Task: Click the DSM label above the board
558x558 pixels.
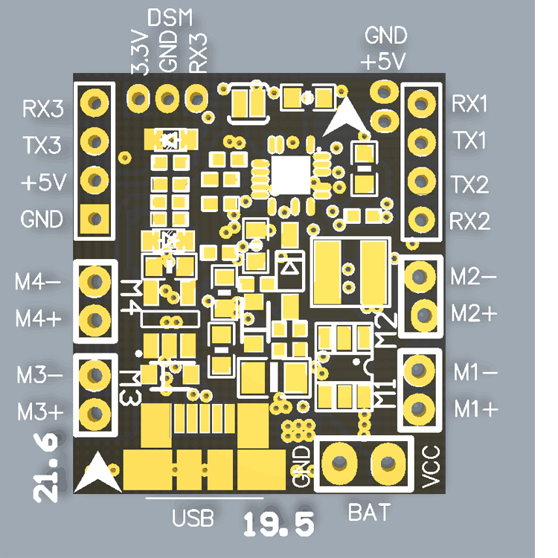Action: [x=170, y=17]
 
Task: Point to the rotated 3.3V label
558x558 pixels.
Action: [x=140, y=53]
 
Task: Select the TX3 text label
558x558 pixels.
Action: [x=42, y=145]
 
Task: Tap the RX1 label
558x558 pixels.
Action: [x=469, y=104]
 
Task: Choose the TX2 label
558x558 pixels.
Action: [x=470, y=185]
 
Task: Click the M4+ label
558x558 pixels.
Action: [x=39, y=318]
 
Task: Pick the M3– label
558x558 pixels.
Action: [x=39, y=375]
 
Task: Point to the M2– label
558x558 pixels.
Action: [x=473, y=277]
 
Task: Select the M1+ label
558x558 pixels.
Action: [x=476, y=409]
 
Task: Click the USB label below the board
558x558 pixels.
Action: [x=193, y=518]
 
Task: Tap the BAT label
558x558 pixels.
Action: [x=369, y=513]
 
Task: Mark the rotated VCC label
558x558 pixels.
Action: [x=431, y=467]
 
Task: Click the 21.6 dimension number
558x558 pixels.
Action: [x=46, y=467]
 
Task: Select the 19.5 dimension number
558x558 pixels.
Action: [x=279, y=525]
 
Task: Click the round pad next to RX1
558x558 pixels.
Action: [x=421, y=104]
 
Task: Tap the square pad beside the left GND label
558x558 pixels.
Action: [x=94, y=219]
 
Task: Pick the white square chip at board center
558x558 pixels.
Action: [x=291, y=175]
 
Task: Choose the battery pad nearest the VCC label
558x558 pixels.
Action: [x=388, y=464]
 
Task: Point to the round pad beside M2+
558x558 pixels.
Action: [x=423, y=315]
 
